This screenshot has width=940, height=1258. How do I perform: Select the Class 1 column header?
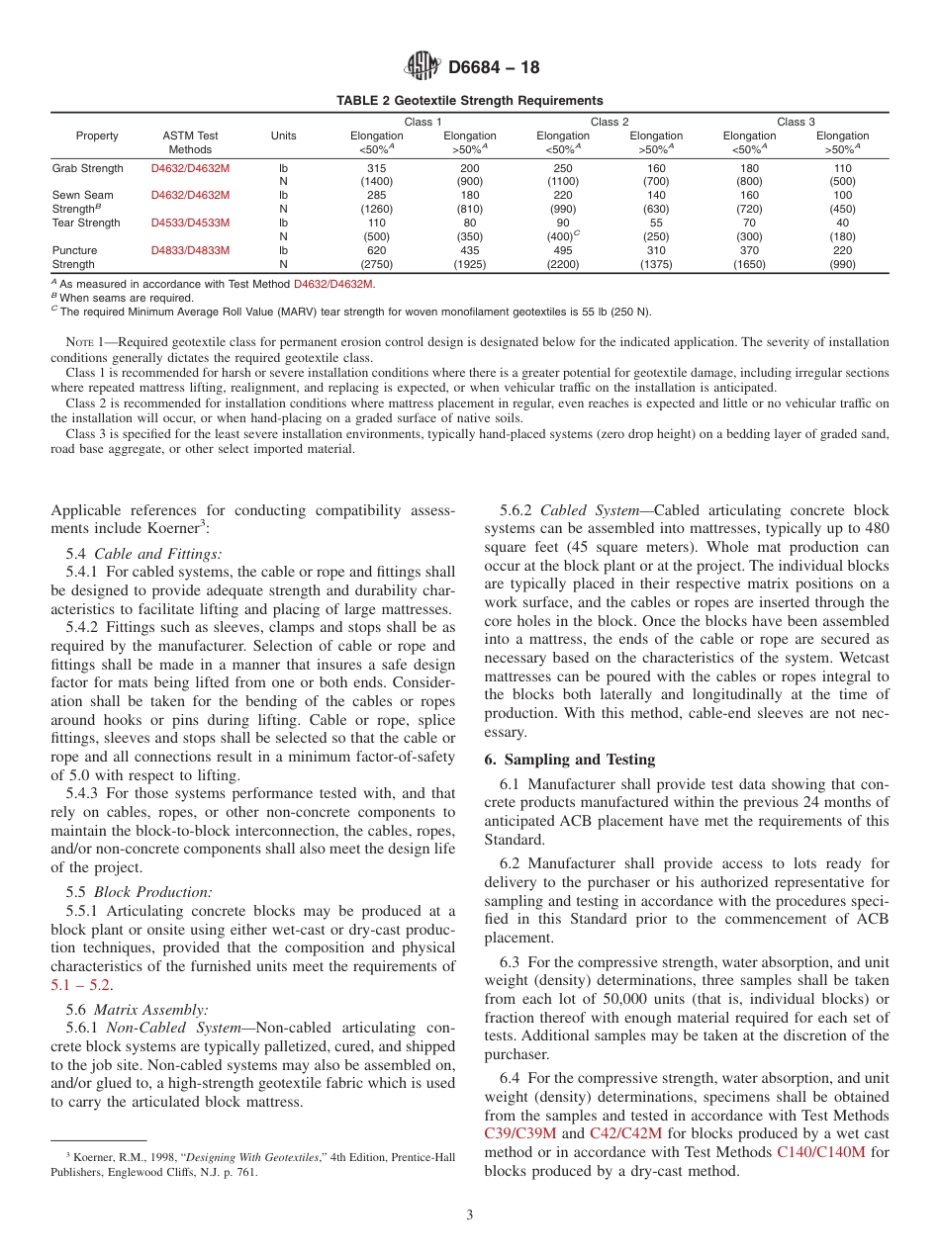point(423,122)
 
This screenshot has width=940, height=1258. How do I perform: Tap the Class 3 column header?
point(796,122)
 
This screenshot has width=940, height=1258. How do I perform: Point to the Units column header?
point(283,135)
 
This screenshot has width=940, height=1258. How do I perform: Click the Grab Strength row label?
point(87,169)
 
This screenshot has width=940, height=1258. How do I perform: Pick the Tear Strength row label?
point(85,224)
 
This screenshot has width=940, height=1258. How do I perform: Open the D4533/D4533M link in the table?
point(190,224)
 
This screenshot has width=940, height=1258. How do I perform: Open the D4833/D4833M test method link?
point(190,251)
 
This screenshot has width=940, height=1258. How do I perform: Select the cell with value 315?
point(376,169)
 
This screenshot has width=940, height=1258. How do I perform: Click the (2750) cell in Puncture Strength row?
point(376,265)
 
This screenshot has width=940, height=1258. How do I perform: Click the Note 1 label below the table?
point(82,342)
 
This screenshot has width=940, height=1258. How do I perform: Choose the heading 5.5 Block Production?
point(139,892)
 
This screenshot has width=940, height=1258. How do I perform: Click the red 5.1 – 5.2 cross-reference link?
point(81,985)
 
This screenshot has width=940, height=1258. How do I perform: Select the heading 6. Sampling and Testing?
point(569,760)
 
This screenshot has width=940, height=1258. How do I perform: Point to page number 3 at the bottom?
point(470,1215)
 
